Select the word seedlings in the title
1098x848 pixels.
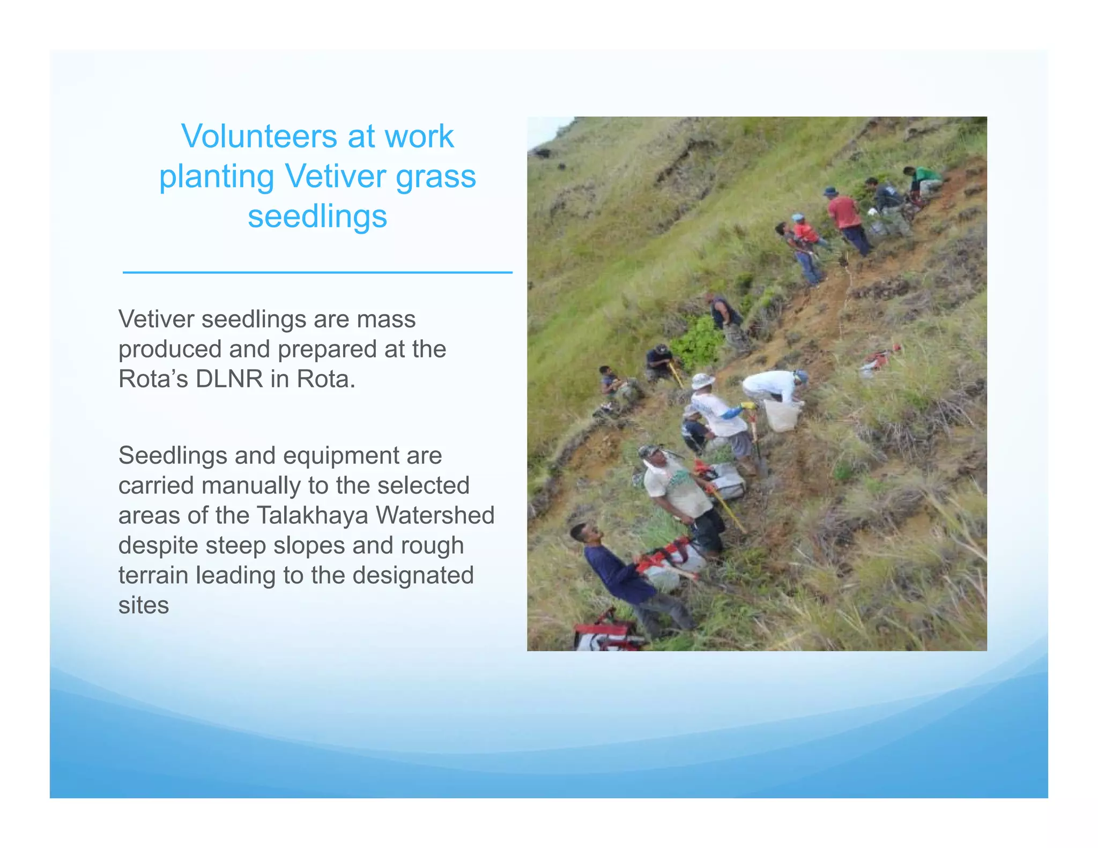coord(317,216)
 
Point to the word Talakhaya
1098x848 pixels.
coord(313,515)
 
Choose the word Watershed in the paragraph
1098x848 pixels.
coord(435,515)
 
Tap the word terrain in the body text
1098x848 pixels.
coord(153,575)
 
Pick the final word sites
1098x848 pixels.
coord(143,605)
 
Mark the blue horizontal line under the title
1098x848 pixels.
coord(317,272)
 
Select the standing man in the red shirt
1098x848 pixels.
coord(847,217)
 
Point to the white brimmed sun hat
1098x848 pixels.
coord(702,381)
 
